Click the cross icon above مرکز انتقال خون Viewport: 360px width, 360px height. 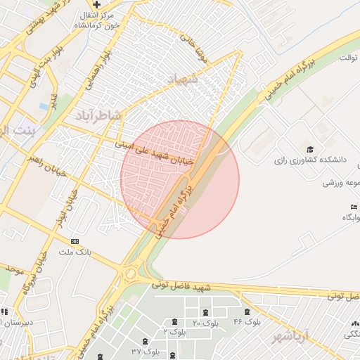[97, 5]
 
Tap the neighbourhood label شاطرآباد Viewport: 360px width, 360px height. [97, 115]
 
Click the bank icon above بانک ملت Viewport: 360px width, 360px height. [75, 241]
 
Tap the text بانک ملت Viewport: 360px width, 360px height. [74, 252]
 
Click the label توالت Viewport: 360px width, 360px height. [349, 57]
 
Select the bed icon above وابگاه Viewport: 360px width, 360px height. [353, 207]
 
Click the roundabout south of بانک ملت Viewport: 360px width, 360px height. [129, 273]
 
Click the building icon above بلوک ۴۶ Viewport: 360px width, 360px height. [247, 311]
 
